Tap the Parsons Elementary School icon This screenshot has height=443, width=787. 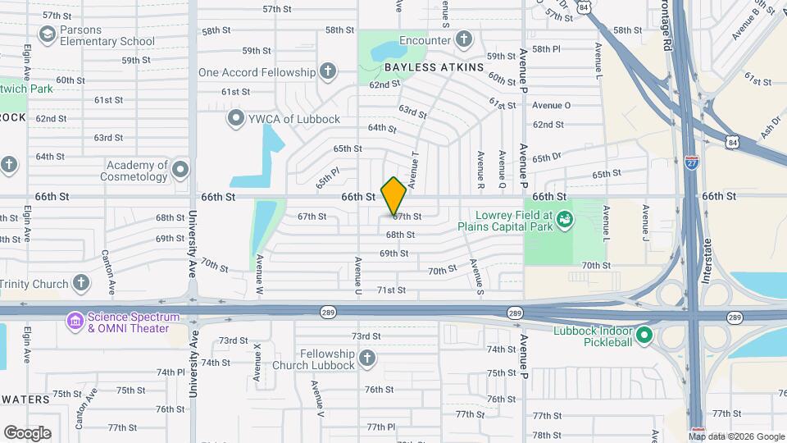tap(47, 34)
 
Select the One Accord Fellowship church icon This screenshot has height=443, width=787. tap(328, 71)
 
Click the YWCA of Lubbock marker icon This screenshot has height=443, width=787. tap(237, 119)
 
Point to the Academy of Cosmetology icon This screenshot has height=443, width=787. tap(180, 171)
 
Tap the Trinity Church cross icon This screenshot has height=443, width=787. tap(80, 284)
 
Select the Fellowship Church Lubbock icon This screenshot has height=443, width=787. tap(366, 359)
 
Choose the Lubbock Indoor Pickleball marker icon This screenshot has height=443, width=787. tap(644, 335)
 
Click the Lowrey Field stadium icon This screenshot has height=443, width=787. tap(564, 219)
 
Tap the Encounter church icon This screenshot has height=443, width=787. tap(464, 39)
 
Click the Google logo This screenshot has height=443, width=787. tap(27, 433)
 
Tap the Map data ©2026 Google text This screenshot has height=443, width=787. tap(736, 436)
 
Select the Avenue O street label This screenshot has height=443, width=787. tap(551, 105)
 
